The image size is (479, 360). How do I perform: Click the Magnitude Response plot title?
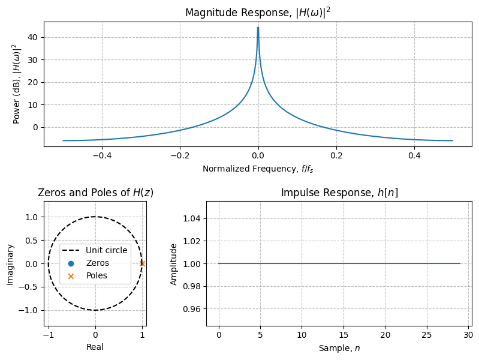258,13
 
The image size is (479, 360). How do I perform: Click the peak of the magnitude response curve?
258,28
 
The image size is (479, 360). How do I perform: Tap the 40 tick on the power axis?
34,37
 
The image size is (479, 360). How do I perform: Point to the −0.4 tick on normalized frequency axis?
101,155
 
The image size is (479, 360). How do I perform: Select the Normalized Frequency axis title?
258,169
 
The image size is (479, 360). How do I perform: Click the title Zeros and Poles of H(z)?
95,193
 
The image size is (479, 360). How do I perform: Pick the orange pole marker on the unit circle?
142,263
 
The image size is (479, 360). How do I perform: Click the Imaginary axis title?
10,264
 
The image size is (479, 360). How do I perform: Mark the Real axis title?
95,347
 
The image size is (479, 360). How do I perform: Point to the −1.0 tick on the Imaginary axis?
31,310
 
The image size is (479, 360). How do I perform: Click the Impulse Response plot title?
339,193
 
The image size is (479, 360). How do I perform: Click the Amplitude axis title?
174,264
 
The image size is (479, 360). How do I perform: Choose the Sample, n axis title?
339,347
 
